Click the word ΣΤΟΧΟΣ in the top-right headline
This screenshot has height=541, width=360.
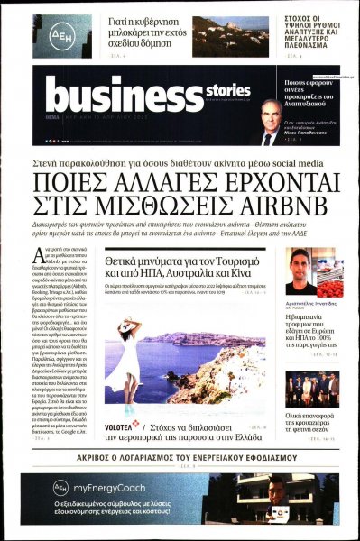point(294,15)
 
